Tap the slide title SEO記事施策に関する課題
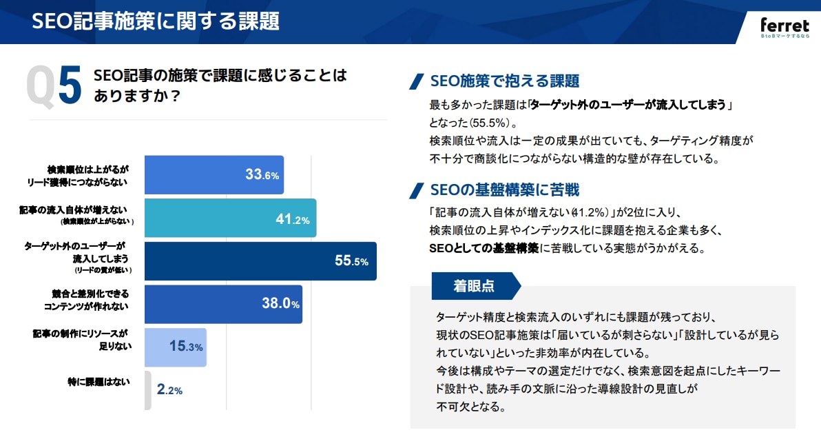156,21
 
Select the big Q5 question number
54,87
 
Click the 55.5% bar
260,261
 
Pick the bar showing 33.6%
214,174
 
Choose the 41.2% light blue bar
230,218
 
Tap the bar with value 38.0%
223,304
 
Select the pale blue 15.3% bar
176,347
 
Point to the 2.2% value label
169,390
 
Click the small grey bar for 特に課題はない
147,390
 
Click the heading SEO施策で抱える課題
504,81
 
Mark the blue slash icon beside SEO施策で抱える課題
416,81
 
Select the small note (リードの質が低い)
103,271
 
